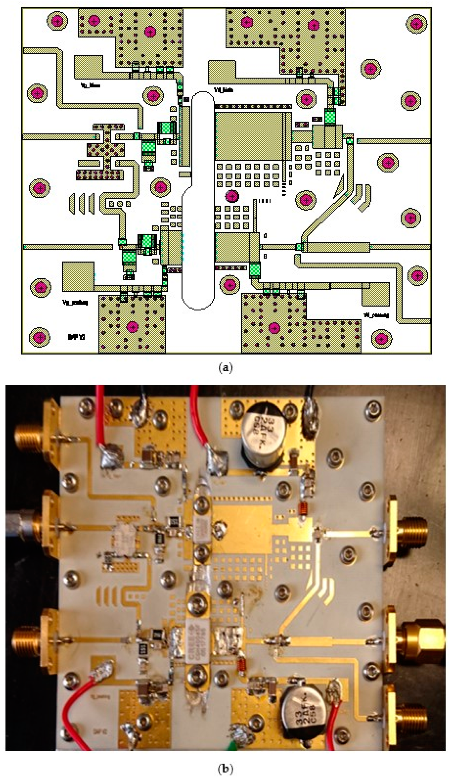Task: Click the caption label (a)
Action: pyautogui.click(x=225, y=368)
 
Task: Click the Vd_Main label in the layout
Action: pyautogui.click(x=223, y=90)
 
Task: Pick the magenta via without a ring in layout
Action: pyautogui.click(x=232, y=196)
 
